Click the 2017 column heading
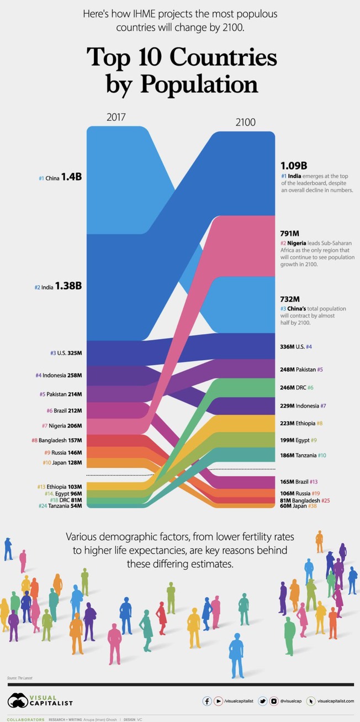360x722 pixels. coord(116,117)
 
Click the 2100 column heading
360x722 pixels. coord(245,123)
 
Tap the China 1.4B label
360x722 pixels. coord(60,177)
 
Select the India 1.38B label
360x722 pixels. coord(58,286)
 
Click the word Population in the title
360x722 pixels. coord(199,85)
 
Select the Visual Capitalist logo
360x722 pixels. coord(40,700)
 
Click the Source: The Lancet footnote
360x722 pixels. coord(19,678)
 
